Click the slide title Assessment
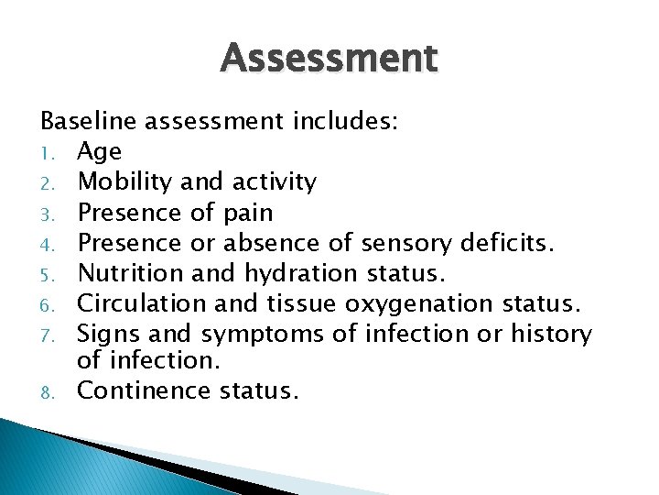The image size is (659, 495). [x=329, y=59]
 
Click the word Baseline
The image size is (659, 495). [x=83, y=122]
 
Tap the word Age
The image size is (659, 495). [x=99, y=152]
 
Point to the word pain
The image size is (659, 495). [x=247, y=214]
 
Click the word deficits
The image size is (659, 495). [x=511, y=243]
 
